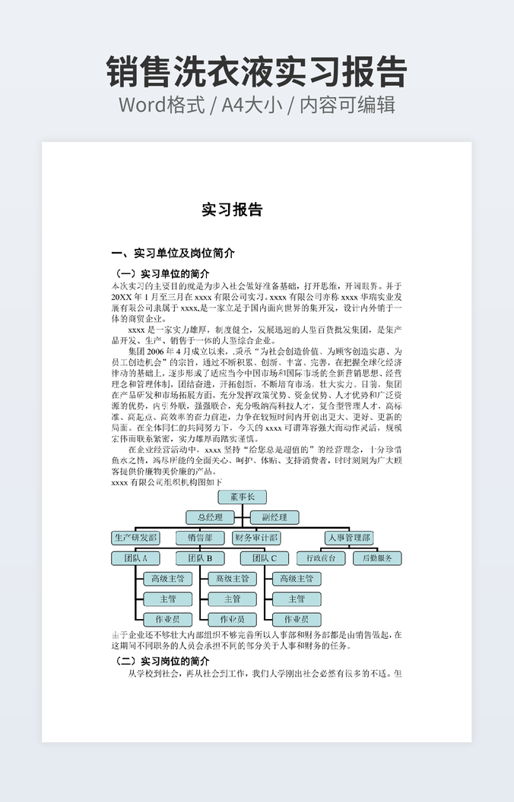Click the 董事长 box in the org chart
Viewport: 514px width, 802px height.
[242, 497]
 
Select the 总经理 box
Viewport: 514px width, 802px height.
[210, 517]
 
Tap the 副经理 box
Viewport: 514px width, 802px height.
[274, 517]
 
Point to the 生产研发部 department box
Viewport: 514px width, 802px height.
[135, 538]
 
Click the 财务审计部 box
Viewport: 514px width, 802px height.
[255, 538]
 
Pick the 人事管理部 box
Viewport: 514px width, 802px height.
[349, 538]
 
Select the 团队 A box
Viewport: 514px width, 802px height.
[135, 558]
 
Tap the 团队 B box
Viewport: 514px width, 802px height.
[199, 558]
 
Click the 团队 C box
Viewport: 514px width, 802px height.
[264, 558]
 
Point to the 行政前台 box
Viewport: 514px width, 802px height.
[320, 558]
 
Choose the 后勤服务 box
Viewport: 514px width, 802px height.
[377, 558]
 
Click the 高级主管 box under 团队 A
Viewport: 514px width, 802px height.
[168, 579]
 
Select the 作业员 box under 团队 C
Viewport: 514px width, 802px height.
[296, 620]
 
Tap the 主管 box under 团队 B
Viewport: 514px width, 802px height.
[232, 599]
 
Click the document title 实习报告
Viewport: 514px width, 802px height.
[232, 210]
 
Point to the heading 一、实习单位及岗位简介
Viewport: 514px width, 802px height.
[173, 253]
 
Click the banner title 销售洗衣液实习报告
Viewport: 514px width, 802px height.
[257, 72]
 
